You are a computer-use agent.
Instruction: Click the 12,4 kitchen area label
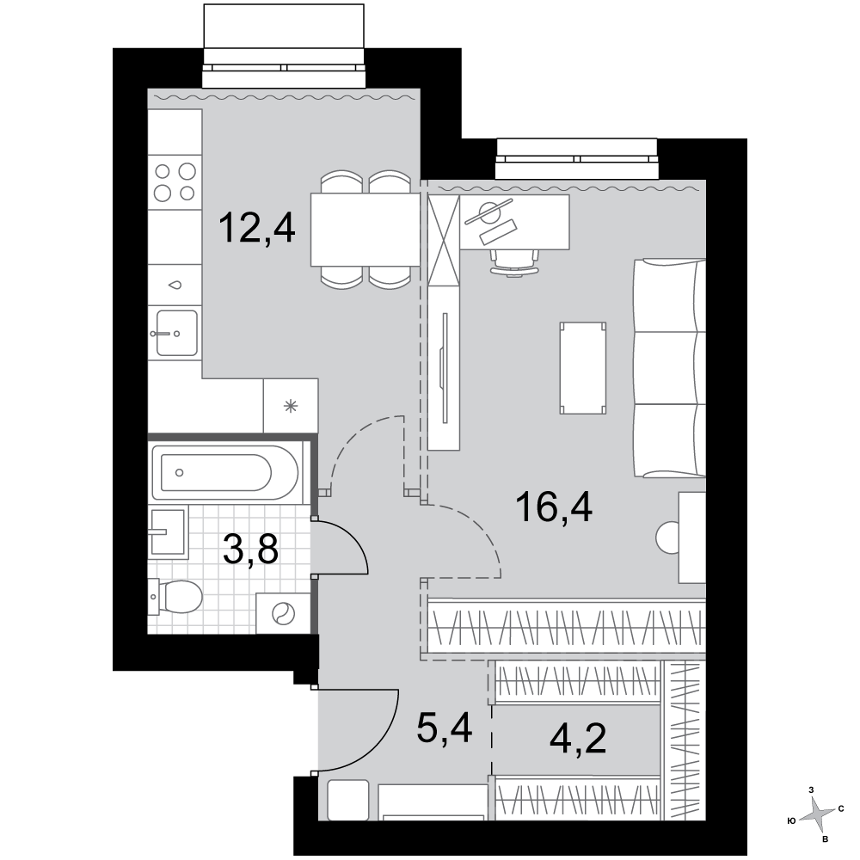pyautogui.click(x=256, y=229)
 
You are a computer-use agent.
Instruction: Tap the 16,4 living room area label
pyautogui.click(x=554, y=508)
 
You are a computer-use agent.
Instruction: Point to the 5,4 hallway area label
pyautogui.click(x=445, y=728)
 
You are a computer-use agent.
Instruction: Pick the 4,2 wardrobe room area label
pyautogui.click(x=578, y=739)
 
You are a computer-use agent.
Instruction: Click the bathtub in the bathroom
pyautogui.click(x=224, y=472)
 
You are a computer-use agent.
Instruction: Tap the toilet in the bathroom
pyautogui.click(x=175, y=597)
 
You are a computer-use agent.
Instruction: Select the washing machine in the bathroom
pyautogui.click(x=283, y=613)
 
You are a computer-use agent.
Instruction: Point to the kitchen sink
pyautogui.click(x=176, y=332)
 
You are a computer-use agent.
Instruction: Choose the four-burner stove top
pyautogui.click(x=175, y=182)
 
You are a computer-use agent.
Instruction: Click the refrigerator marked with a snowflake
pyautogui.click(x=291, y=406)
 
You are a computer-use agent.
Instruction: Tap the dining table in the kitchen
pyautogui.click(x=365, y=230)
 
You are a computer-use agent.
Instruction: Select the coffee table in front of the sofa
pyautogui.click(x=583, y=368)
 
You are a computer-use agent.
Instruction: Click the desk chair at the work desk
pyautogui.click(x=514, y=262)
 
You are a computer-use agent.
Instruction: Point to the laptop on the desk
pyautogui.click(x=499, y=232)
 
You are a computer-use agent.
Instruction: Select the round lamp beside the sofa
pyautogui.click(x=667, y=537)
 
